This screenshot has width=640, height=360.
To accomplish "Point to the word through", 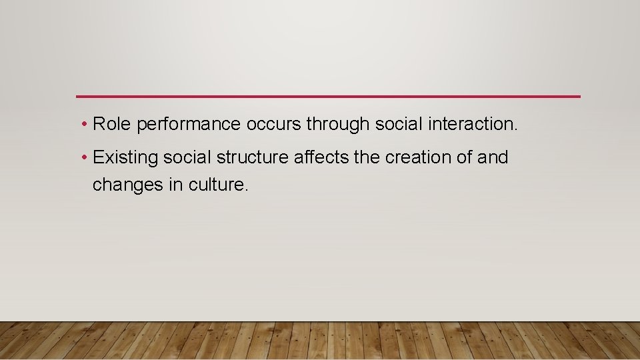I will tap(338, 125).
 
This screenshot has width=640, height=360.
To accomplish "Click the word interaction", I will tap(475, 124).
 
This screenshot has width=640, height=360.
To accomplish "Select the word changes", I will tap(127, 185).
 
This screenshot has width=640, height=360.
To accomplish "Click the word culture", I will tap(218, 185).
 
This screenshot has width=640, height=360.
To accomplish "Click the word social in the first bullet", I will tap(398, 124).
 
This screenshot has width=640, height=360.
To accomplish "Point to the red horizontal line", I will tap(328, 97).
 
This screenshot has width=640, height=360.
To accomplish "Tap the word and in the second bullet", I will tap(493, 158).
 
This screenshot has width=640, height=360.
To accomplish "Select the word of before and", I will tap(463, 158).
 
